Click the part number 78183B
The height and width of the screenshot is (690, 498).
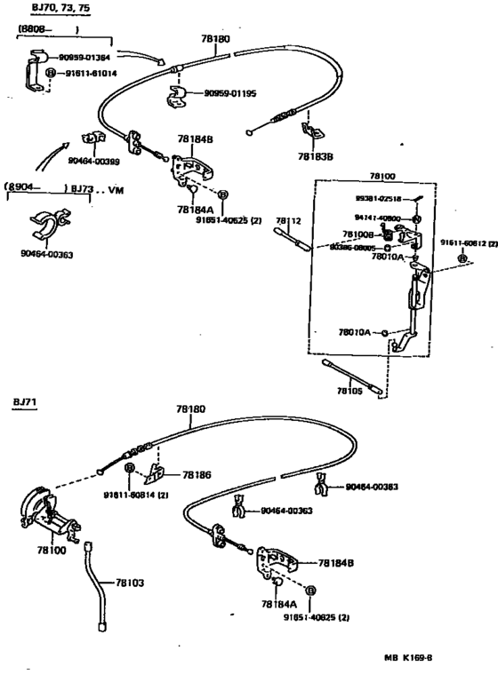pos(316,157)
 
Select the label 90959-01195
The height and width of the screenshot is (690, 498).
pos(230,92)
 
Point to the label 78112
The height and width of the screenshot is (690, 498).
pos(287,220)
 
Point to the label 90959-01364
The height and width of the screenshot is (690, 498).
pos(90,57)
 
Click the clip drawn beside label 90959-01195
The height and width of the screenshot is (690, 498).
pos(178,95)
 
